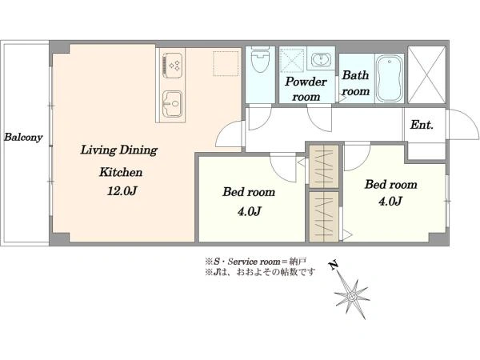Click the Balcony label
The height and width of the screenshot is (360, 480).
23,137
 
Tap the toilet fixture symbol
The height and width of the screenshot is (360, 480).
259,59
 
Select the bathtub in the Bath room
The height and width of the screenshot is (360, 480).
390,78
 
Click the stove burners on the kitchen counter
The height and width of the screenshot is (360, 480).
172,66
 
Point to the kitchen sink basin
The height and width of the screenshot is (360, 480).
172,104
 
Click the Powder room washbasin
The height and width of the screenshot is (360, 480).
321,59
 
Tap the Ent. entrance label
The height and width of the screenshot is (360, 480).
422,125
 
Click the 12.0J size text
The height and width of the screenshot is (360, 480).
122,191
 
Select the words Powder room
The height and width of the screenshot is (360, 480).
306,89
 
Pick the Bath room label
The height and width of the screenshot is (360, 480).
355,83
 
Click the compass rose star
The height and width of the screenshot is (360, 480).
352,296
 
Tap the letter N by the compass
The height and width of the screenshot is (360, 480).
334,265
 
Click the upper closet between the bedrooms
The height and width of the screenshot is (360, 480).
324,166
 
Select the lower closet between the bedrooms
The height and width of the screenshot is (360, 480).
324,217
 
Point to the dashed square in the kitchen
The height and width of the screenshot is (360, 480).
226,63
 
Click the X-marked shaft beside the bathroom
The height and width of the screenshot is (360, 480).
426,74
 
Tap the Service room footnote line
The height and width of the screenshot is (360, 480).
256,262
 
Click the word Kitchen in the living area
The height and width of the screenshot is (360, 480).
121,172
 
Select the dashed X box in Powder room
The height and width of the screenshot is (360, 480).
292,60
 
